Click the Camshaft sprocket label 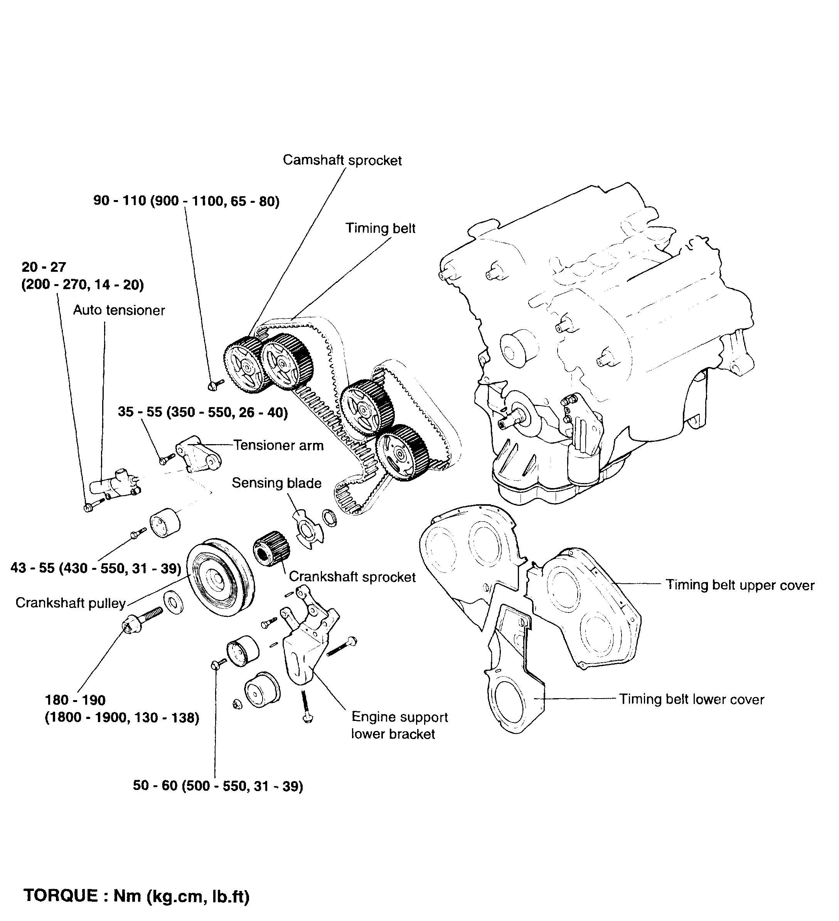(342, 160)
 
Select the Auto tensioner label (119, 310)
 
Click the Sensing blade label (276, 483)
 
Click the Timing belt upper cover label (740, 585)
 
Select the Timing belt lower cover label (691, 699)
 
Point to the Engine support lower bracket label (399, 726)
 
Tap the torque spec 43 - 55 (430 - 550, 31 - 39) (96, 568)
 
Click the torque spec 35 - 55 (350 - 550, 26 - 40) (203, 412)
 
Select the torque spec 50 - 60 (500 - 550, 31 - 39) (218, 786)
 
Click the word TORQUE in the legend (60, 896)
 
